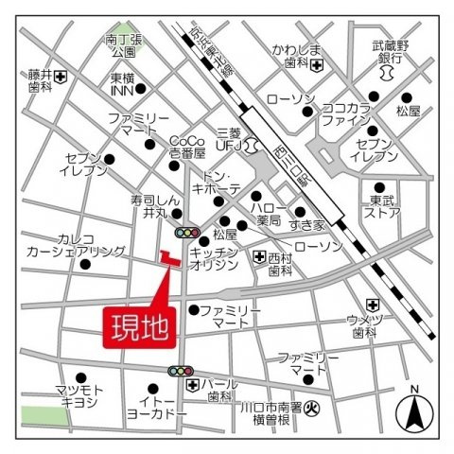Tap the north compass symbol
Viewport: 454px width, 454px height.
413,410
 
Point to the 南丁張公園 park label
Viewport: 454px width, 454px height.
123,47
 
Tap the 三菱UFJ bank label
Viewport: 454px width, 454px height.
230,143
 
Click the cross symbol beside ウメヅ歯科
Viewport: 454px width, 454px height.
373,304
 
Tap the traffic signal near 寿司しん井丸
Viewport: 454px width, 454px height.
187,232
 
